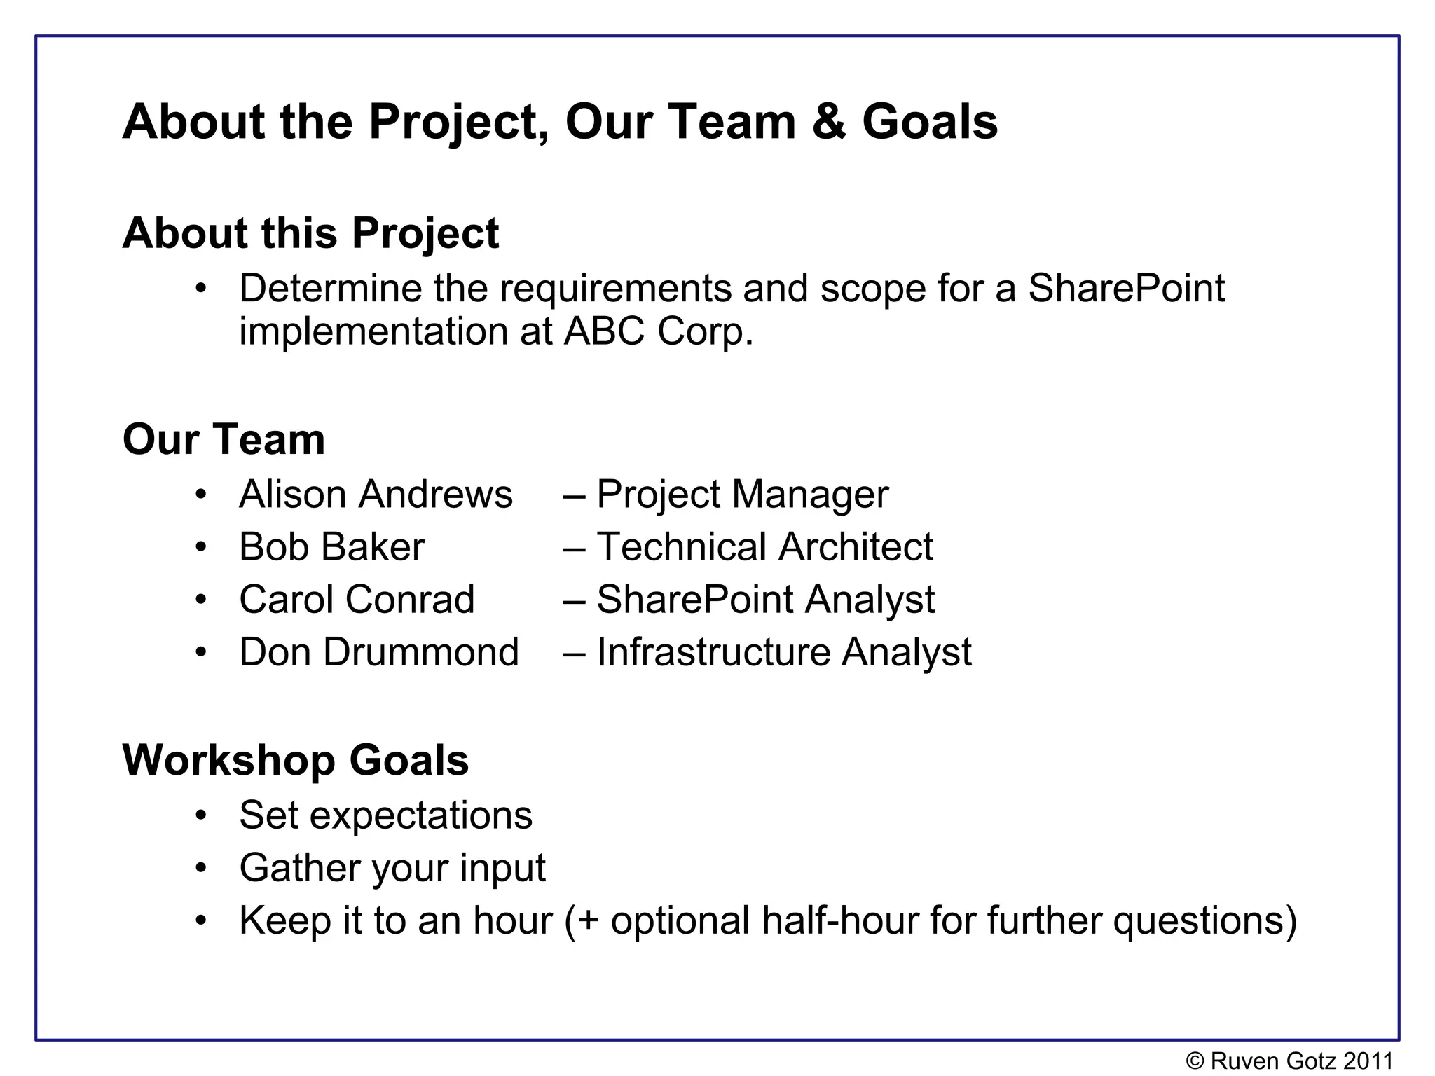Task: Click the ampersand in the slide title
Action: click(829, 122)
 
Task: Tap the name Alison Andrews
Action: click(376, 495)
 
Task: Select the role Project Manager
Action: click(742, 495)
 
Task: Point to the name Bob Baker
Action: click(331, 547)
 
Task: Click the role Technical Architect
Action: click(764, 547)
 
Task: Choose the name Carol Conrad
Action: click(357, 600)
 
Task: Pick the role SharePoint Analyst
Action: click(765, 600)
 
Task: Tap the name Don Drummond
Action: click(378, 652)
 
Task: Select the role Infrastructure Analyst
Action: click(783, 652)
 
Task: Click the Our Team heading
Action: click(224, 439)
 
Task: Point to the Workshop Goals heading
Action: click(295, 760)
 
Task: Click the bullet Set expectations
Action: click(385, 815)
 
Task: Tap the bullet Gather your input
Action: click(392, 868)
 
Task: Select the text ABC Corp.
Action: click(658, 331)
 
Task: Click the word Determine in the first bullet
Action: click(330, 288)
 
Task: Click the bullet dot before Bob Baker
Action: click(201, 547)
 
